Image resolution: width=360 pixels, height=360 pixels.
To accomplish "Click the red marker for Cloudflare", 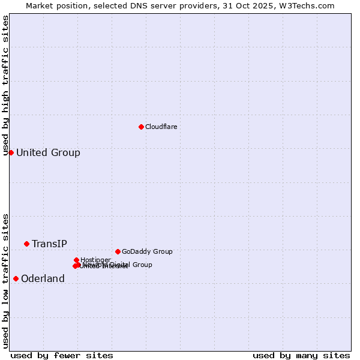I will (141, 127).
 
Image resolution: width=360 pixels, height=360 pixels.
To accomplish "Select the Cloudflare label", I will (161, 127).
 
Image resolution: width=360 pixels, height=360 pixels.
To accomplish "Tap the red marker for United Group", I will (11, 152).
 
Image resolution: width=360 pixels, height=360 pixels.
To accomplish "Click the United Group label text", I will (48, 152).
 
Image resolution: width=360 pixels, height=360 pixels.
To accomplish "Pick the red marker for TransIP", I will (26, 244).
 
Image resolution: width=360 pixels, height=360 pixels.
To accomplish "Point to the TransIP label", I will (49, 244).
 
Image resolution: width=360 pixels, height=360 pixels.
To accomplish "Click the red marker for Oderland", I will (16, 278).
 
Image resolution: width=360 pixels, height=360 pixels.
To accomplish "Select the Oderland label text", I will (43, 278).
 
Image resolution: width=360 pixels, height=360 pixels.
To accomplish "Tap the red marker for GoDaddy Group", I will (118, 251).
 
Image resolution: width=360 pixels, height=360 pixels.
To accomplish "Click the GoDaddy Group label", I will (147, 251).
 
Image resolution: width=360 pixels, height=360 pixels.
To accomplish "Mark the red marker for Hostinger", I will (76, 260).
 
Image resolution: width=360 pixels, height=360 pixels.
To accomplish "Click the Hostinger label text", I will (95, 260).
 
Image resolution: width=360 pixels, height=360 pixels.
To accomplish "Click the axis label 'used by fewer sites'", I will (62, 355).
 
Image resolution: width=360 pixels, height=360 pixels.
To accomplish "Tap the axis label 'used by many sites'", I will (301, 355).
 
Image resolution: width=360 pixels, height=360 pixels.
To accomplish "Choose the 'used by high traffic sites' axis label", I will (5, 86).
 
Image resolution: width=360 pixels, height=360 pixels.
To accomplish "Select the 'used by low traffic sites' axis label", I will (5, 281).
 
